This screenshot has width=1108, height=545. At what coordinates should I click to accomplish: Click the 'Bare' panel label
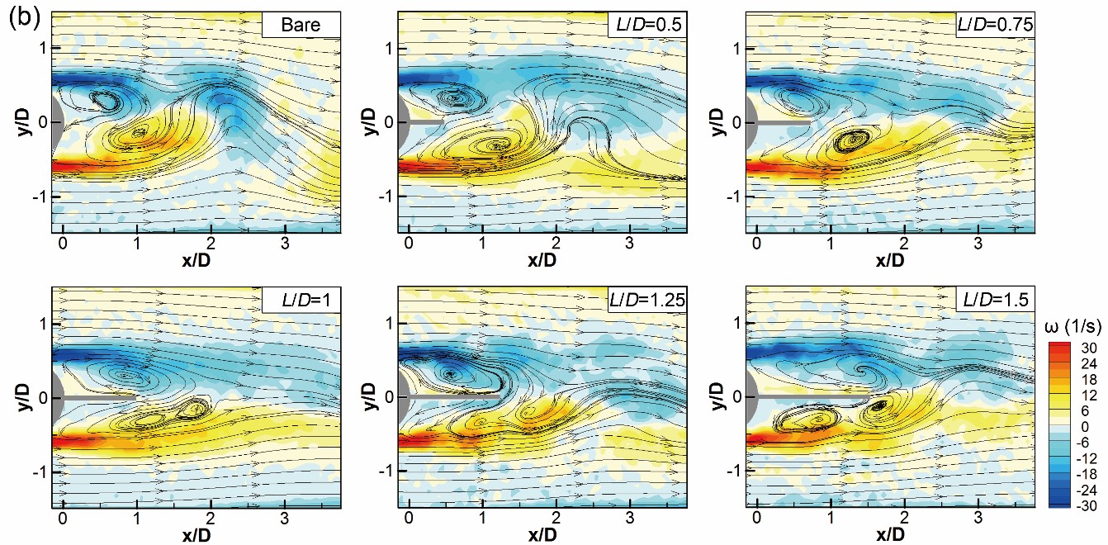click(x=301, y=26)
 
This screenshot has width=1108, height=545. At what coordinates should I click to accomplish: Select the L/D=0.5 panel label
click(x=648, y=26)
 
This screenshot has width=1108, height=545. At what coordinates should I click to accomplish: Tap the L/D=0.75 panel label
click(x=994, y=26)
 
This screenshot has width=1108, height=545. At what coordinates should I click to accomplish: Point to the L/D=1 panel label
click(x=301, y=301)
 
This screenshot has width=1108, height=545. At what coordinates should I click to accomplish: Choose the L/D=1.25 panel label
click(x=648, y=301)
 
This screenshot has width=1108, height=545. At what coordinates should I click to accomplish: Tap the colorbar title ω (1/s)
click(x=1070, y=327)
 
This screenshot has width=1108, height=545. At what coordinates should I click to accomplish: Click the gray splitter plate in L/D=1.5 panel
click(x=806, y=397)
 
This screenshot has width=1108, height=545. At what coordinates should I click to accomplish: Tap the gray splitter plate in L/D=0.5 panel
click(x=425, y=122)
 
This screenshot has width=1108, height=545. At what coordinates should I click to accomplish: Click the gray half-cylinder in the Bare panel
click(x=56, y=122)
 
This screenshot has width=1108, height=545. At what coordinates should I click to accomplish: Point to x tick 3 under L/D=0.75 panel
click(x=978, y=244)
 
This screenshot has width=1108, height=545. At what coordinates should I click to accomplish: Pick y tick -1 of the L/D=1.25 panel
click(x=385, y=471)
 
